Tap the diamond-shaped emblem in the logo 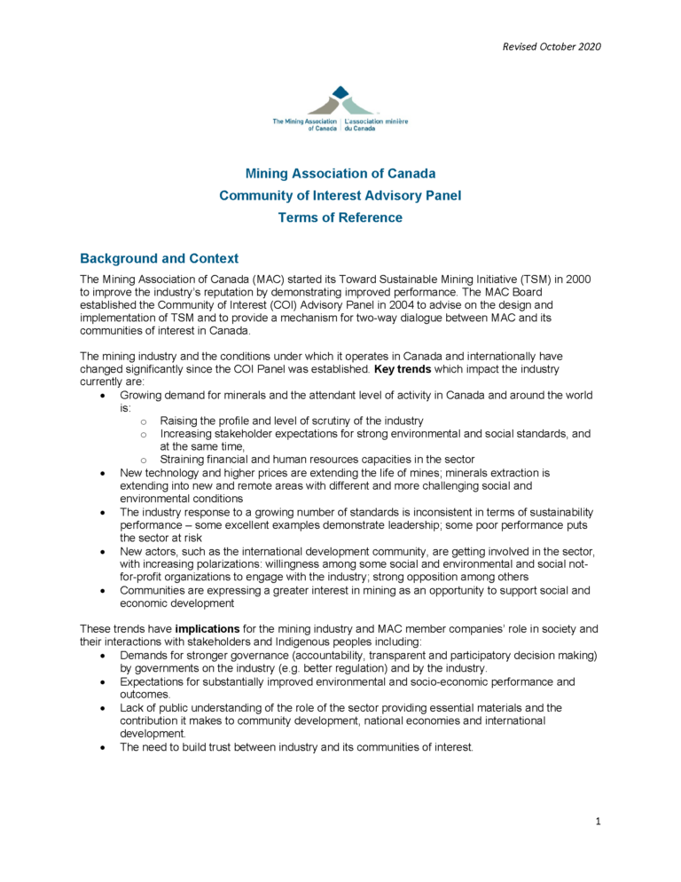(340, 99)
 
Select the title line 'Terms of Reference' (340, 217)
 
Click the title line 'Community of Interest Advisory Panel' (340, 195)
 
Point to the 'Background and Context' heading (159, 259)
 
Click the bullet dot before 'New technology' (106, 474)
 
